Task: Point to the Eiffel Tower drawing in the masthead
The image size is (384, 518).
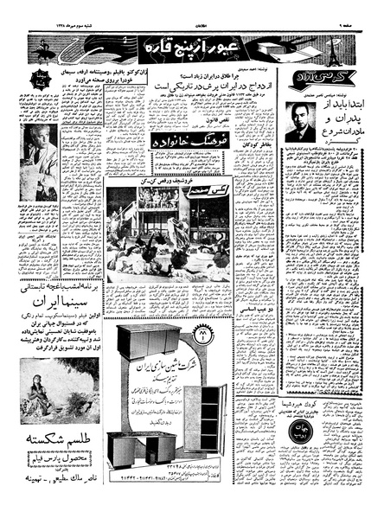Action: [x=349, y=45]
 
